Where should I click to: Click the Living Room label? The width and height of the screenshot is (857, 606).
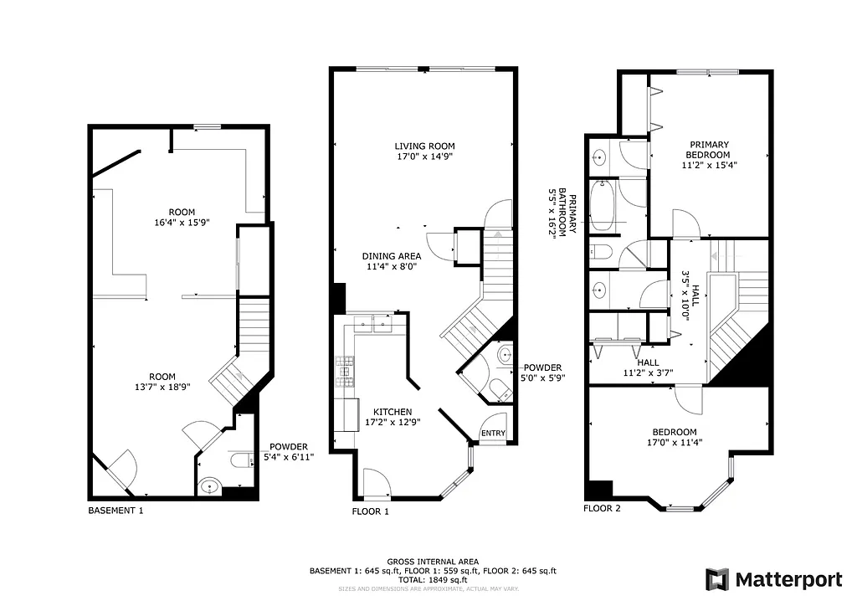(426, 146)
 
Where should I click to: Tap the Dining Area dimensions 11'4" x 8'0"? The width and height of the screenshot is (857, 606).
(389, 267)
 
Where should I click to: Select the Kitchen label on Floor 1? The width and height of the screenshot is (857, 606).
(393, 412)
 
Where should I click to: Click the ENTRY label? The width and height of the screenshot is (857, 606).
(493, 433)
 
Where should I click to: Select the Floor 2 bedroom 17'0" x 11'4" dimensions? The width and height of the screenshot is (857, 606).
(679, 443)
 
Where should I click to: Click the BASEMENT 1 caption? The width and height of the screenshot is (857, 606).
(115, 510)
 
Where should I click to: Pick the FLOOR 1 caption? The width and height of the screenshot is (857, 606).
(371, 510)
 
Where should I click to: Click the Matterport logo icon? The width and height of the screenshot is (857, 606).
(716, 579)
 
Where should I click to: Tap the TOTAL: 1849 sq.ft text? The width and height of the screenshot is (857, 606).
(433, 579)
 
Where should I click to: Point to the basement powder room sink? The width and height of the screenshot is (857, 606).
(208, 485)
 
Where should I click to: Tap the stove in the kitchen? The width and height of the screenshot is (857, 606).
(342, 370)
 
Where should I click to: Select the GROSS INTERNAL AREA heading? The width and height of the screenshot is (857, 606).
(433, 562)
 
